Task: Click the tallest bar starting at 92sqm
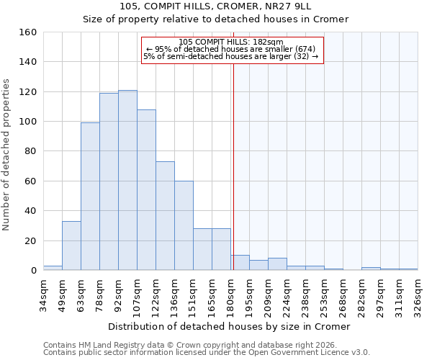(x=127, y=180)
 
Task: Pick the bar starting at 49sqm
(x=71, y=246)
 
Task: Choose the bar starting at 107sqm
(x=146, y=190)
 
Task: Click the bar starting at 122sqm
(x=165, y=216)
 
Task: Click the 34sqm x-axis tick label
(x=44, y=293)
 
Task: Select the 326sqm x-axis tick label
(x=418, y=293)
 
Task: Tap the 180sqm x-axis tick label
(x=231, y=293)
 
